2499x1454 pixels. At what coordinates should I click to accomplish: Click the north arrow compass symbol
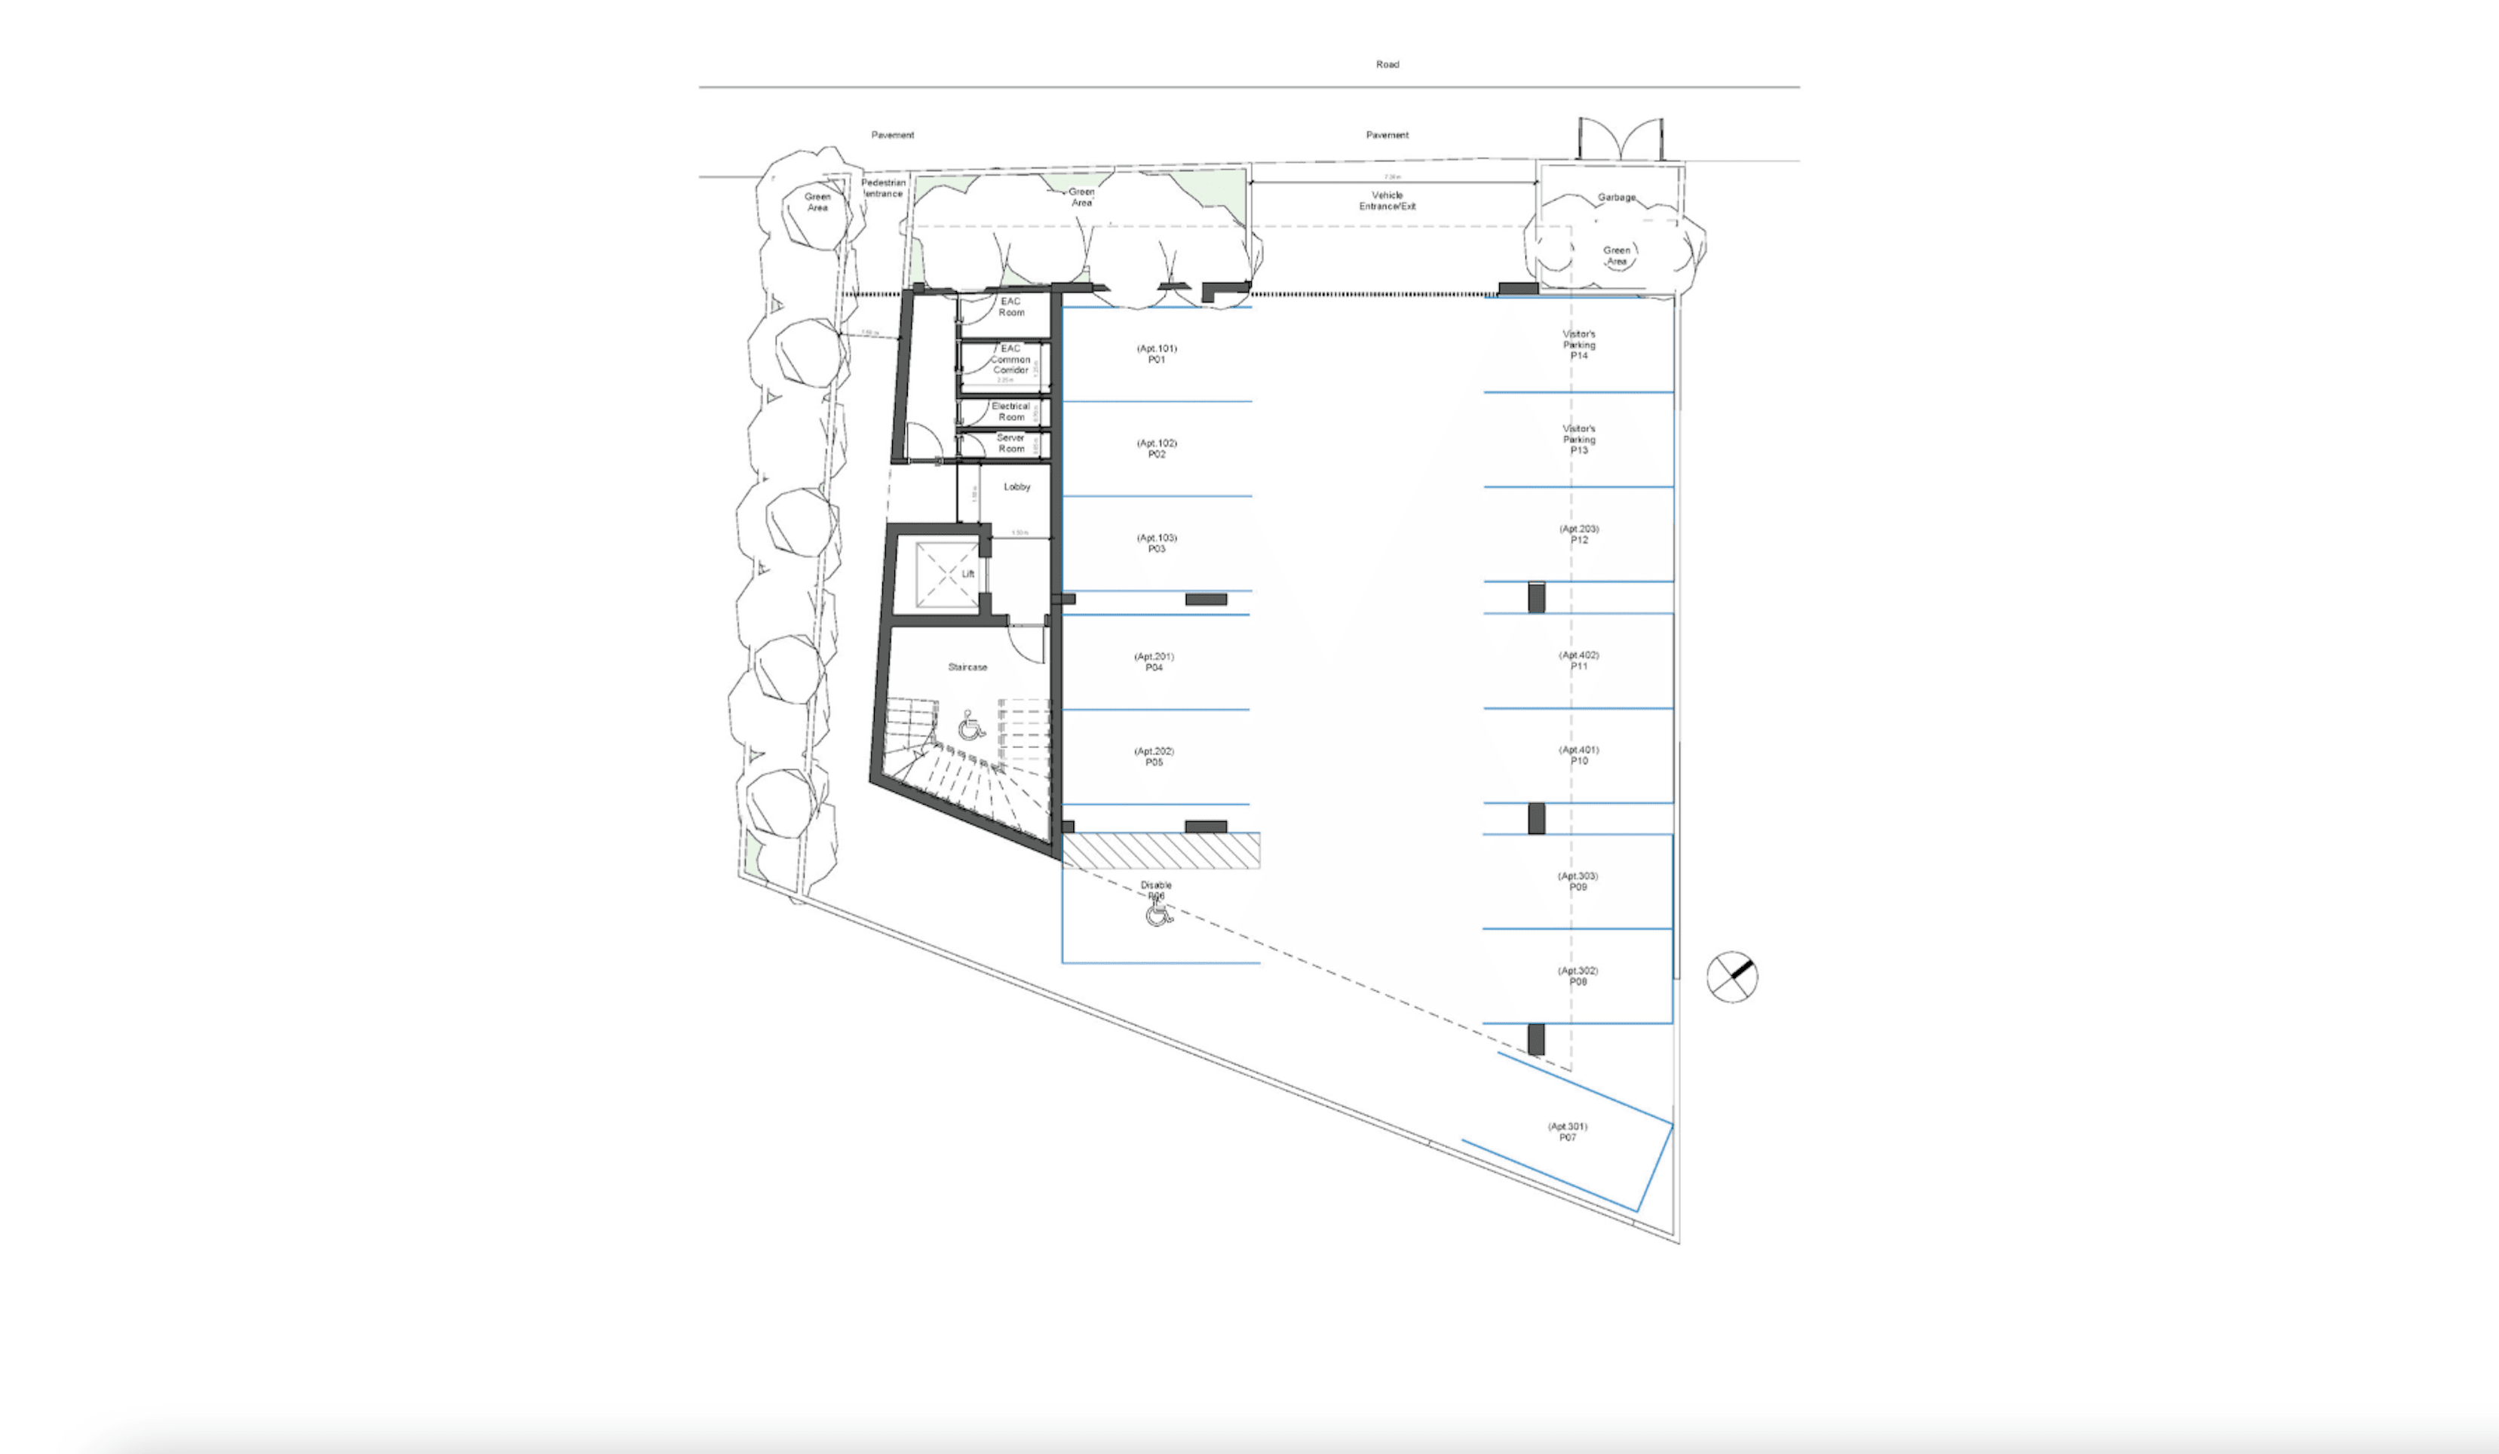pyautogui.click(x=1731, y=977)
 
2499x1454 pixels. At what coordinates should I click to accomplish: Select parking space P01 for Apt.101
pyautogui.click(x=1156, y=354)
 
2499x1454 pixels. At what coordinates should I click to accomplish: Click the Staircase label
pyautogui.click(x=967, y=667)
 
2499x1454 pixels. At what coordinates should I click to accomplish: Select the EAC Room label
pyautogui.click(x=1010, y=306)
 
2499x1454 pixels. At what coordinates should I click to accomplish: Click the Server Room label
pyautogui.click(x=1010, y=443)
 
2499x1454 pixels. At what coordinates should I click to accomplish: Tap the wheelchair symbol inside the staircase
pyautogui.click(x=970, y=727)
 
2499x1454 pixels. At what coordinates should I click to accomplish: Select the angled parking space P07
pyautogui.click(x=1567, y=1133)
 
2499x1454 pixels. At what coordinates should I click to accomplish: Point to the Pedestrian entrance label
pyautogui.click(x=882, y=189)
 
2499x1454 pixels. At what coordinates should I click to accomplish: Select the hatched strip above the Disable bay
pyautogui.click(x=1161, y=851)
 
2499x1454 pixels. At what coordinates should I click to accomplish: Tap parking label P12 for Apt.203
pyautogui.click(x=1579, y=535)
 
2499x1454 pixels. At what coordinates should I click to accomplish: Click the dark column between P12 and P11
pyautogui.click(x=1536, y=598)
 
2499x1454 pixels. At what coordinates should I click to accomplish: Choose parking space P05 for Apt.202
pyautogui.click(x=1154, y=756)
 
